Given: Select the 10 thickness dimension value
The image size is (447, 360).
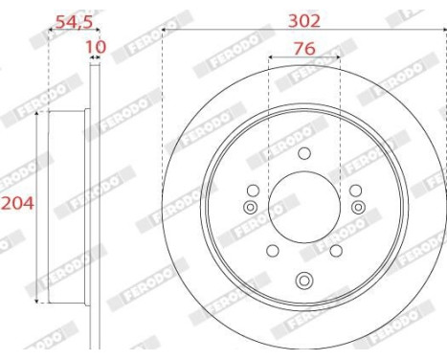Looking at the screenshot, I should click(x=94, y=46).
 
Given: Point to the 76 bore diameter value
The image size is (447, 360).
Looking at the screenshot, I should click(x=304, y=47).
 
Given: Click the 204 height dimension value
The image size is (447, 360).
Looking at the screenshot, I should click(x=16, y=203).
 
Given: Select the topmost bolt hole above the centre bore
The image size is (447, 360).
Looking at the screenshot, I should click(x=304, y=153).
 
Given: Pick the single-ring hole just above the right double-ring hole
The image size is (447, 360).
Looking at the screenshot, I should click(x=355, y=191).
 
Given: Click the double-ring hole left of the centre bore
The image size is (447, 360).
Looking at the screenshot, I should click(x=250, y=208).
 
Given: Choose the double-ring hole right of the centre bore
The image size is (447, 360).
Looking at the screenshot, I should click(x=358, y=208).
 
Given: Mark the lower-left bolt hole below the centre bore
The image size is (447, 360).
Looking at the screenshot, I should click(x=272, y=251).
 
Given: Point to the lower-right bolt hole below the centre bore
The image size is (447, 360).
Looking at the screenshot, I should click(x=337, y=251).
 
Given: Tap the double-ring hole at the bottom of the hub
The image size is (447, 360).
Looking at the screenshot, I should click(x=304, y=281).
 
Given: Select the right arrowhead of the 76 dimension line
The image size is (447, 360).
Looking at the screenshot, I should click(x=337, y=58).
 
